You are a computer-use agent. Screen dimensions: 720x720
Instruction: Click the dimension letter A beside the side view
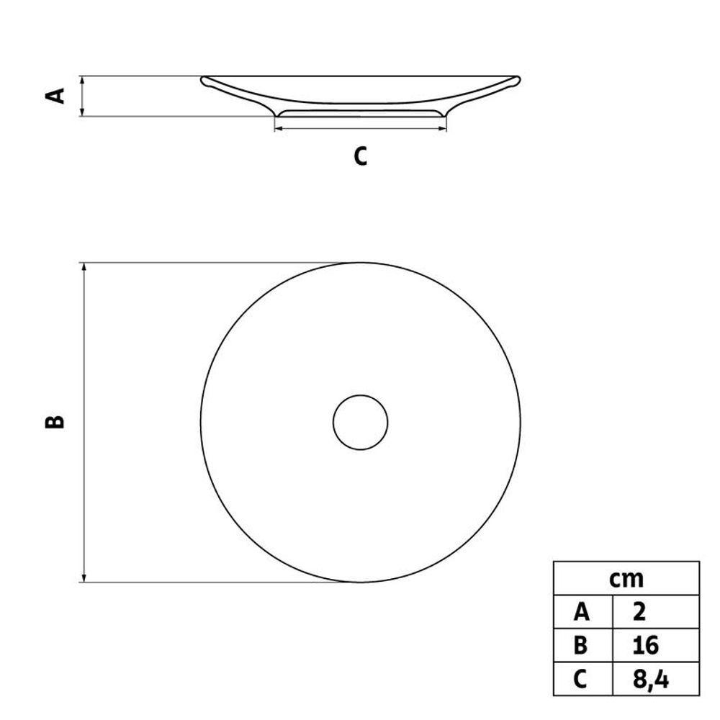pos(55,96)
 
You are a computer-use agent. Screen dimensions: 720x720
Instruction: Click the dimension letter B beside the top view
pos(55,421)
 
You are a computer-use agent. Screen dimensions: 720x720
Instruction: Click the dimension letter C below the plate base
pos(361,156)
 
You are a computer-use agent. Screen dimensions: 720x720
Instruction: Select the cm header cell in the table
pos(626,578)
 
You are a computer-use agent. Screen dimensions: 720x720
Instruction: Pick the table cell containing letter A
pos(582,612)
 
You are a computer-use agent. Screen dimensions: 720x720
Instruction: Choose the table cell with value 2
pos(656,612)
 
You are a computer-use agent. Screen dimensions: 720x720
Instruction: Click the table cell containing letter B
pos(582,645)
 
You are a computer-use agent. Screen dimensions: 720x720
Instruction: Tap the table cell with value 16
pos(656,645)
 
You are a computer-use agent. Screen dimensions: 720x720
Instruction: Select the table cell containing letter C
pos(582,679)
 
